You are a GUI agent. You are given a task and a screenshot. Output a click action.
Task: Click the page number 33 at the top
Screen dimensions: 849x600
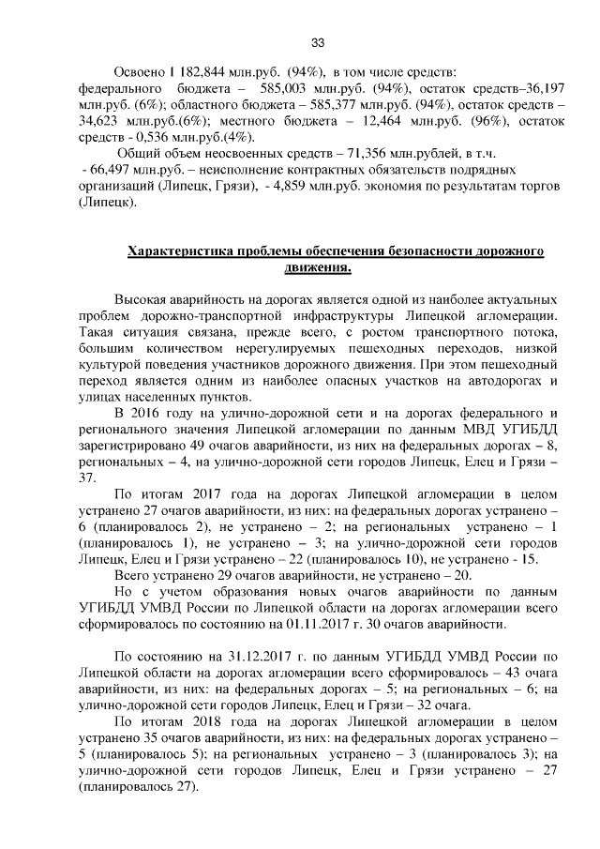pyautogui.click(x=317, y=43)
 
